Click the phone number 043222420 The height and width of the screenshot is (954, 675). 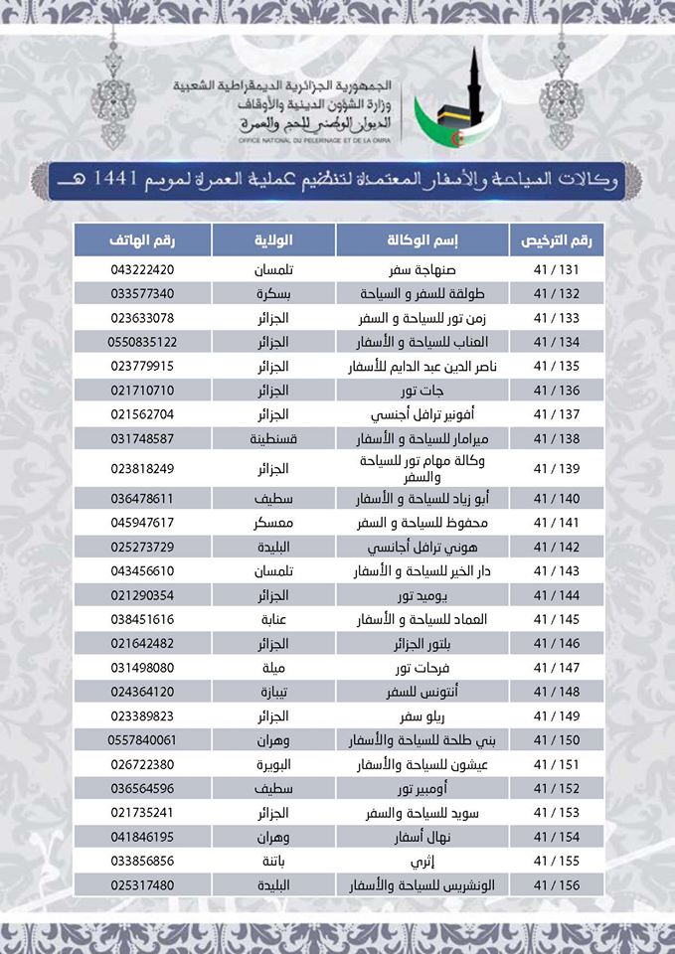point(142,269)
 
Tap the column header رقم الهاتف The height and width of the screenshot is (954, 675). point(142,240)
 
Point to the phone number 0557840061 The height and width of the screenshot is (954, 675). point(142,739)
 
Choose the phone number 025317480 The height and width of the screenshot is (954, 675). point(142,883)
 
